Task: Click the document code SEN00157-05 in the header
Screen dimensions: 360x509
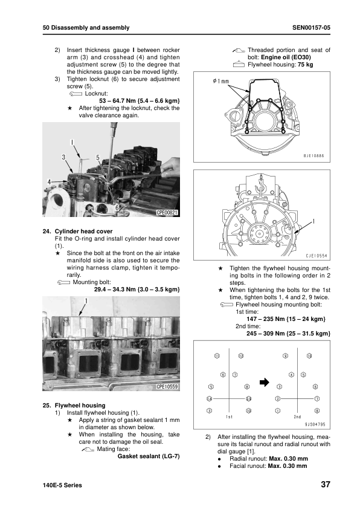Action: click(311, 28)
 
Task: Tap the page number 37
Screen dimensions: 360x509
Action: click(326, 484)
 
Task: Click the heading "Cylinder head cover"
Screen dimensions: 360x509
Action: click(83, 232)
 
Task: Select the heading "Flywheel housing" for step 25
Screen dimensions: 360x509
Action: click(80, 406)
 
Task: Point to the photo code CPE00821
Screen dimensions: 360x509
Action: click(167, 213)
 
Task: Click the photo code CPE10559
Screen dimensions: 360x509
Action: click(167, 387)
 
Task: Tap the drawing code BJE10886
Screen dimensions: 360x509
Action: click(313, 156)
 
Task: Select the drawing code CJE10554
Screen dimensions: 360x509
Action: click(317, 256)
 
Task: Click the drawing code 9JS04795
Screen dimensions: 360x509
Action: click(315, 424)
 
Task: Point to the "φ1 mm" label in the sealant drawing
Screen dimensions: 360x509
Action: click(221, 81)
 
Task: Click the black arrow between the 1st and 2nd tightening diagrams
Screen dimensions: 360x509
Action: click(265, 383)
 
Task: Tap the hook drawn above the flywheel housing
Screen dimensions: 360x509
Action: click(260, 186)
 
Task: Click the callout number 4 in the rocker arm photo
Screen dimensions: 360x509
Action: click(50, 182)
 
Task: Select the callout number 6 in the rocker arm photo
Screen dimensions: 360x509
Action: click(117, 207)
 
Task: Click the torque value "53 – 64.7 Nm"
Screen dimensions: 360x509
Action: click(117, 101)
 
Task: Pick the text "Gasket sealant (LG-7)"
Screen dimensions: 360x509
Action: click(149, 456)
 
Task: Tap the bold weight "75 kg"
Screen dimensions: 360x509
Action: click(306, 65)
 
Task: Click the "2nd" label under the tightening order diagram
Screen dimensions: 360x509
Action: click(297, 417)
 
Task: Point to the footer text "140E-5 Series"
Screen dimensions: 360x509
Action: click(62, 485)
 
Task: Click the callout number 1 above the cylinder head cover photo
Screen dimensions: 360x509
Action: click(86, 301)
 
